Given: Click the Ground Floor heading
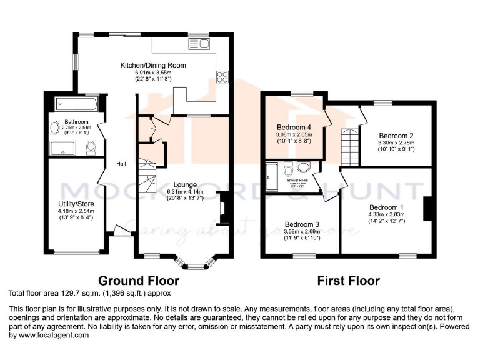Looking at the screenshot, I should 139,281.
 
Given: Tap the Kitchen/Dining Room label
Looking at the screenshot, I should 153,65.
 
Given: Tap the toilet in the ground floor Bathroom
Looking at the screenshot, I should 91,147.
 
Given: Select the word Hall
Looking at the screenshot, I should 121,164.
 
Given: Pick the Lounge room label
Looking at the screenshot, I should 182,185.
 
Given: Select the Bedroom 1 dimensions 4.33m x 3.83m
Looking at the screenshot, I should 386,214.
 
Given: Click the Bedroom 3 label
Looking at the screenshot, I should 302,224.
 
